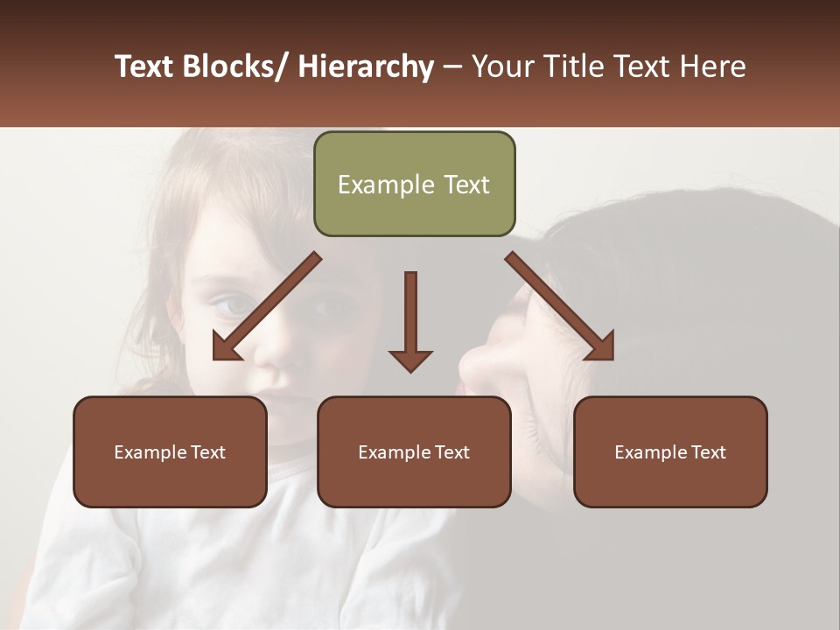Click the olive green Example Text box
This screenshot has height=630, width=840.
[x=414, y=184]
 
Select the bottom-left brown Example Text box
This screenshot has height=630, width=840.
[x=170, y=451]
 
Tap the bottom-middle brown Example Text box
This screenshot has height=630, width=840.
[x=414, y=451]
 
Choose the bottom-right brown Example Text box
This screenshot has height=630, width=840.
[x=670, y=451]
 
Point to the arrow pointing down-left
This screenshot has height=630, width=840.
[x=267, y=306]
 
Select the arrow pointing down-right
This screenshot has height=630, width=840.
[x=560, y=306]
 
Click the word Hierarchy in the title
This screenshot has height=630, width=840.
[x=366, y=66]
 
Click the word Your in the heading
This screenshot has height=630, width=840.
[x=501, y=66]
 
